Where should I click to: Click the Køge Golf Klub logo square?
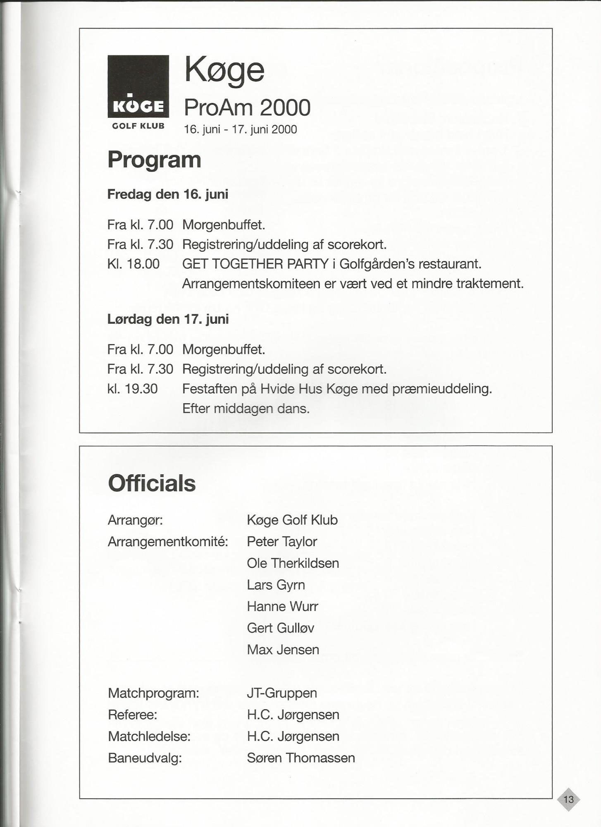click(x=138, y=86)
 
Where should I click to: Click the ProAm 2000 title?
click(x=247, y=108)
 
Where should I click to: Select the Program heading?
click(x=154, y=160)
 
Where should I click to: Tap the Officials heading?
click(x=152, y=483)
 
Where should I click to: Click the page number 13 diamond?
click(x=568, y=799)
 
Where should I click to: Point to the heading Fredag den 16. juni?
click(x=167, y=194)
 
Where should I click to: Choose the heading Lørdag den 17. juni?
click(x=168, y=319)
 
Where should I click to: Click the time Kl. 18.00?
click(x=133, y=264)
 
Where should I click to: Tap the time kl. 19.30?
click(x=132, y=389)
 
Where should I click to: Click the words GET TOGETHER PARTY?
click(x=255, y=264)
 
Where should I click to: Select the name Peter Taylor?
click(x=282, y=541)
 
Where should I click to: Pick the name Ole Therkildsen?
click(x=293, y=563)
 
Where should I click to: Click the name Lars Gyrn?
click(x=276, y=585)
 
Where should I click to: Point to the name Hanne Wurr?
click(x=282, y=607)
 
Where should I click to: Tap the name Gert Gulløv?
click(x=280, y=628)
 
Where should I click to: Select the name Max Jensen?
click(x=283, y=650)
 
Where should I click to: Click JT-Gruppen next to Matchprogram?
click(x=282, y=693)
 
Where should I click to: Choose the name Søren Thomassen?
click(x=301, y=758)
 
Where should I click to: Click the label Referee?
click(x=132, y=715)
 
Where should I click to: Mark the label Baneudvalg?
click(x=145, y=758)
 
